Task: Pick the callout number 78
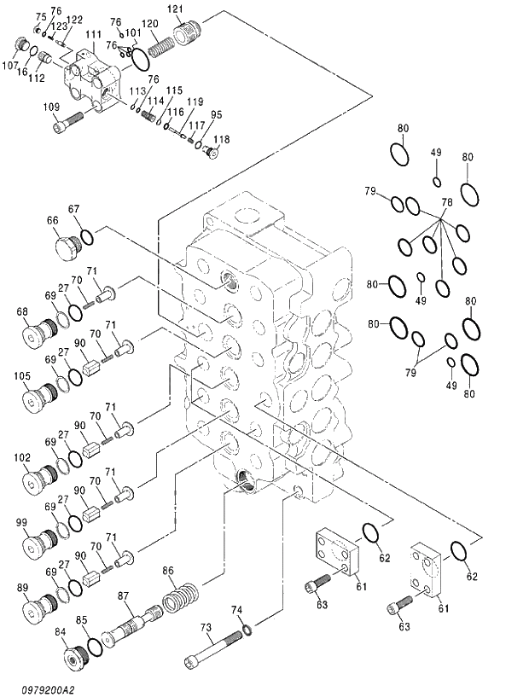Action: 445,202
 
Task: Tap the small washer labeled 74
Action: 245,630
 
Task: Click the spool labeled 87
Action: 129,626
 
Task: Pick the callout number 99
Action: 22,521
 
